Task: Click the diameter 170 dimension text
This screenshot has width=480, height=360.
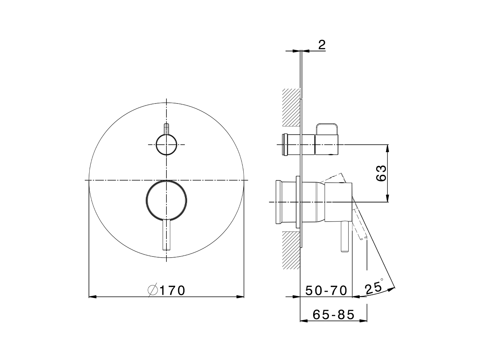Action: [167, 290]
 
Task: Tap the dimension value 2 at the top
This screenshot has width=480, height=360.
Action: [321, 45]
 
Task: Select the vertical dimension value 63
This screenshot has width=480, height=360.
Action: [381, 173]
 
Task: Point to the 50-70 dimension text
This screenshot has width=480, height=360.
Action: [326, 290]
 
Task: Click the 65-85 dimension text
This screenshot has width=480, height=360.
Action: [328, 315]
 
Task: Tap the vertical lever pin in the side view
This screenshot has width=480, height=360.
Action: [344, 237]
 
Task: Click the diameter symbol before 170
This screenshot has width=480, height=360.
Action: [153, 290]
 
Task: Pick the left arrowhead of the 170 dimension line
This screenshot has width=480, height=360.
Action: [92, 297]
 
